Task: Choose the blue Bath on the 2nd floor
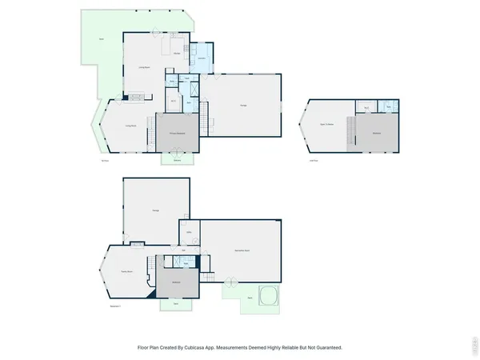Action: tap(389, 107)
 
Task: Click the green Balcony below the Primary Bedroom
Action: tap(177, 159)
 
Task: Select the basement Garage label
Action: tap(155, 210)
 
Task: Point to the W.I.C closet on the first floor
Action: tap(174, 102)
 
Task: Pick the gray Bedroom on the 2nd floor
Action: tap(376, 132)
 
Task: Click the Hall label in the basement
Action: tap(184, 250)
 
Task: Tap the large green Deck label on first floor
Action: tap(102, 39)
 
